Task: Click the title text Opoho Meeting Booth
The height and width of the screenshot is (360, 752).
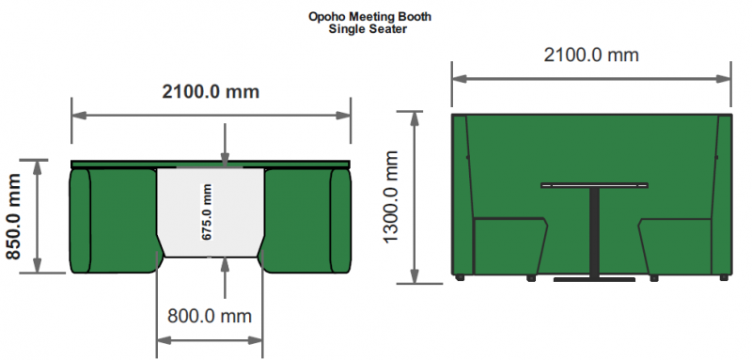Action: [369, 17]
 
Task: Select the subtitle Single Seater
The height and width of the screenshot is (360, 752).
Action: [368, 29]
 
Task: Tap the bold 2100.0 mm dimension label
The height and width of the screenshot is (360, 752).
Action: [211, 91]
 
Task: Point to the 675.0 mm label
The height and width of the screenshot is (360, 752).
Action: [207, 211]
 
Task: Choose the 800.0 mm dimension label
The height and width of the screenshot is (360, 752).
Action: [210, 316]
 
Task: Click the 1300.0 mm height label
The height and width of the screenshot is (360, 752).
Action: [391, 197]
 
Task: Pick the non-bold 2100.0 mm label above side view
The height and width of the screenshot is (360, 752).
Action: [591, 55]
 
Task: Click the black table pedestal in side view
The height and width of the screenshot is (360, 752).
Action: [594, 232]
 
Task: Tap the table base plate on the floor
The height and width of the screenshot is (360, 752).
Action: [594, 279]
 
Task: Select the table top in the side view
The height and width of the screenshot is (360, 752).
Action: [594, 185]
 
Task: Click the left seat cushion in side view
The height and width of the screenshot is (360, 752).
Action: [510, 246]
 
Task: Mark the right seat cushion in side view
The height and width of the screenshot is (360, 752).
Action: [675, 246]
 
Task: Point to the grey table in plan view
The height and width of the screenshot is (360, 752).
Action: [210, 212]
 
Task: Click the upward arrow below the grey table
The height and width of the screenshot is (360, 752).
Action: [225, 278]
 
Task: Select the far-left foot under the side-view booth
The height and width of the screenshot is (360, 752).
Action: [460, 277]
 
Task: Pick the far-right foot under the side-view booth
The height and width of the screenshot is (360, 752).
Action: [724, 277]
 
